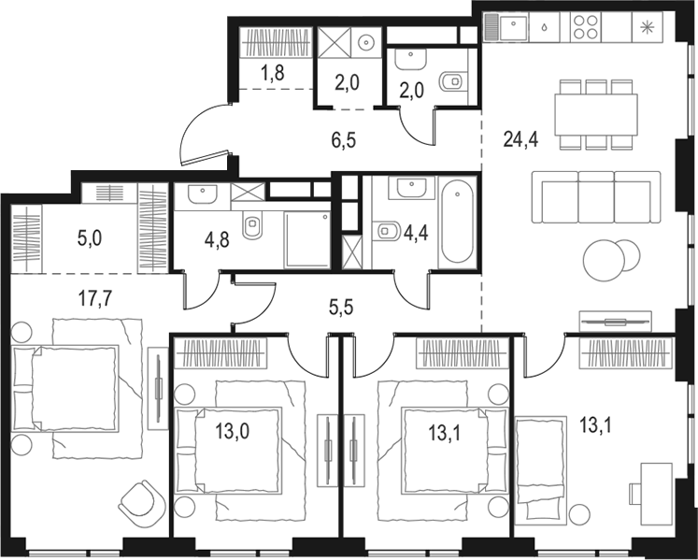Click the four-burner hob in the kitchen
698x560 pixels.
586,26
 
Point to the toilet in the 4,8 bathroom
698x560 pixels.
251,226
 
